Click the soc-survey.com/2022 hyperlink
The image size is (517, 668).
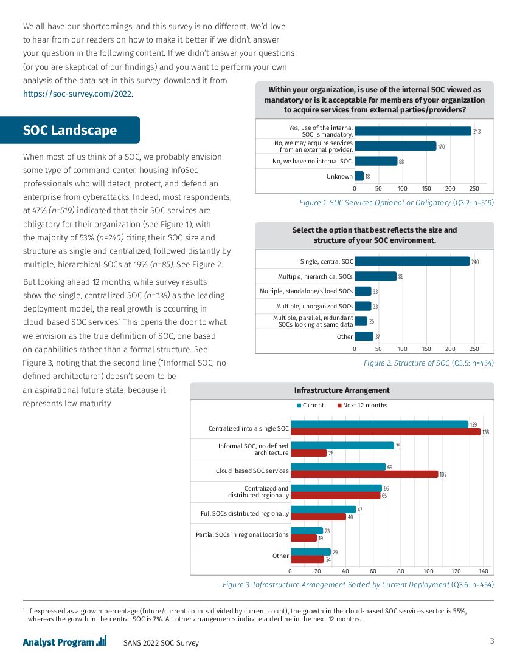[x=77, y=94]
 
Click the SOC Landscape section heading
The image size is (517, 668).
[x=70, y=131]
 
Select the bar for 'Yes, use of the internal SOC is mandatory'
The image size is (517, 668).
[x=412, y=131]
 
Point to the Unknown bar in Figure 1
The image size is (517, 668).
[x=359, y=176]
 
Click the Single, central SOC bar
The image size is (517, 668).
[x=412, y=261]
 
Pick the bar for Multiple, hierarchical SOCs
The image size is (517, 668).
[x=375, y=276]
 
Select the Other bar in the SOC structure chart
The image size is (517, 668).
[x=364, y=336]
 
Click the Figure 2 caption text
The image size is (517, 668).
[x=428, y=363]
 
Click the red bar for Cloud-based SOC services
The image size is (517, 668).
[x=364, y=474]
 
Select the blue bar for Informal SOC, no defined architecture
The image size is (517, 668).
[x=342, y=445]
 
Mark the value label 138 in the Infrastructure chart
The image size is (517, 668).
[x=485, y=432]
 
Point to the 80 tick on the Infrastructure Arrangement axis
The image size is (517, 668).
[x=400, y=571]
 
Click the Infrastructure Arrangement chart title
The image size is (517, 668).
[x=342, y=390]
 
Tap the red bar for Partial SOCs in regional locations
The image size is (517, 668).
[x=304, y=538]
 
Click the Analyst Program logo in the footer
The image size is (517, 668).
[x=64, y=642]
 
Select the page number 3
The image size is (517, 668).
[x=491, y=641]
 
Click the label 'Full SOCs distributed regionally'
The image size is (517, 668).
[x=245, y=513]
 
